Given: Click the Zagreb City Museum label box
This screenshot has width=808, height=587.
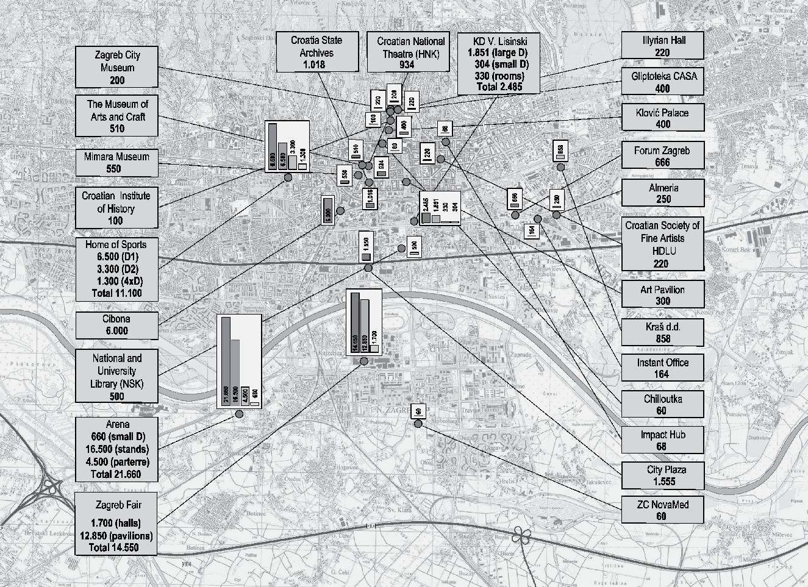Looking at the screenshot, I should [117, 67].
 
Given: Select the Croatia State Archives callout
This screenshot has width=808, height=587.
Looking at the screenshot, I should [316, 52].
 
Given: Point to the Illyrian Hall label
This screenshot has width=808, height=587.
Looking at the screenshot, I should [663, 46].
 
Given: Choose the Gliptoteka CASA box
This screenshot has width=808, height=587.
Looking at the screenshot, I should [663, 82].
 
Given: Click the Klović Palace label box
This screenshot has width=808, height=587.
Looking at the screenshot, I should [663, 118].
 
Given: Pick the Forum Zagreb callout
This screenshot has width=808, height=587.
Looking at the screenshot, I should [663, 155].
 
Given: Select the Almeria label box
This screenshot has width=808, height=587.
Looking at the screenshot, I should [663, 193].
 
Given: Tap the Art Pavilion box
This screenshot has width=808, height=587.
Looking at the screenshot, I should [663, 295].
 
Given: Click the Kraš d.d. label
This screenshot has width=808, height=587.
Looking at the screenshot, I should [663, 332].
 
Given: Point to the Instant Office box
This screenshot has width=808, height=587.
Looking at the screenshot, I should [663, 368].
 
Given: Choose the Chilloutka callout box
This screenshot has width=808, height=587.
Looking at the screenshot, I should [663, 404].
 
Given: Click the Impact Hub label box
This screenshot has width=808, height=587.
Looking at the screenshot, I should [663, 440].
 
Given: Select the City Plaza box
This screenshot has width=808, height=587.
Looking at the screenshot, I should [663, 475].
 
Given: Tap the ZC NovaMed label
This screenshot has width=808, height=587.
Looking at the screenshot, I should [663, 510].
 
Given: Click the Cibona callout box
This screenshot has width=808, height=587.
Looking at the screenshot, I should [116, 324].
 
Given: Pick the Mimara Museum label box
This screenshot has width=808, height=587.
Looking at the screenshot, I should [116, 162].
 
